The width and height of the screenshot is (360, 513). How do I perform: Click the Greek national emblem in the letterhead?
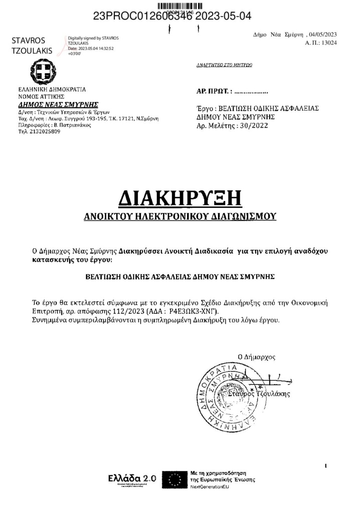(x=40, y=72)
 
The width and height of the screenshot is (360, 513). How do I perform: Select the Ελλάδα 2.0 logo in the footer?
(x=132, y=479)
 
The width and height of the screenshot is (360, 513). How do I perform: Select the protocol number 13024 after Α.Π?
(x=328, y=43)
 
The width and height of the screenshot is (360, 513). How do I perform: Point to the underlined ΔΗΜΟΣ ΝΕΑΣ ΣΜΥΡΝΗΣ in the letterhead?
(x=58, y=105)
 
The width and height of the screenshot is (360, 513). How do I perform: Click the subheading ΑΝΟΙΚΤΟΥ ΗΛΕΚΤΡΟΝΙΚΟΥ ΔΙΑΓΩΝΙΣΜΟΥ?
(x=179, y=217)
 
